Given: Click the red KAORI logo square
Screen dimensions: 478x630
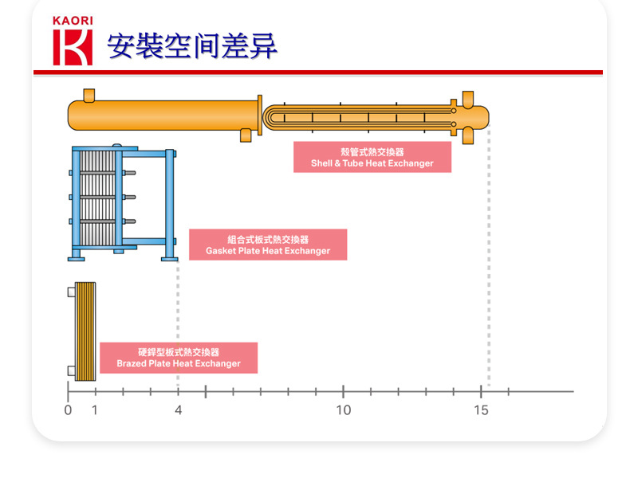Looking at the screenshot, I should [x=73, y=47].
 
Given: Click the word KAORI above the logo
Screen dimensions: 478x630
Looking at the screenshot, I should [x=73, y=21].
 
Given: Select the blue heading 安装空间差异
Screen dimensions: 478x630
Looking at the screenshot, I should [x=192, y=46].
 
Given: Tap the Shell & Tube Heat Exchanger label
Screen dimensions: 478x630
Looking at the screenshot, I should [x=372, y=157].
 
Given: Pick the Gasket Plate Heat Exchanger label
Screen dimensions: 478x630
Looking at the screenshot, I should [x=268, y=245].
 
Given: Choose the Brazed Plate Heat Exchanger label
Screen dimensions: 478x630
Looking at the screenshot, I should [x=179, y=358].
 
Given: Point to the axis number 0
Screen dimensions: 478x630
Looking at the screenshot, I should [x=68, y=410].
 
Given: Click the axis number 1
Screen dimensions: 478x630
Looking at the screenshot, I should [x=95, y=410].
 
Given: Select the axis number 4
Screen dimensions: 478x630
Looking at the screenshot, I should [x=178, y=410].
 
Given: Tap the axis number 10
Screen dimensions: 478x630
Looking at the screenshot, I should [x=343, y=410].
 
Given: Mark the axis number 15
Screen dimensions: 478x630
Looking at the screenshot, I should [x=481, y=410].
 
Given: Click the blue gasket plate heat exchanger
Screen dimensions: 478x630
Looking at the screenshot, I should [x=120, y=203].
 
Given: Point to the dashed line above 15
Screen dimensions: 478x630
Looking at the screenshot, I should [x=489, y=263].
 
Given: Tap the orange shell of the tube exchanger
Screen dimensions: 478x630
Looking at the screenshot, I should [x=159, y=116].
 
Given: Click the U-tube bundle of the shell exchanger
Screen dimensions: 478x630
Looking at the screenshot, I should [x=359, y=117].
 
